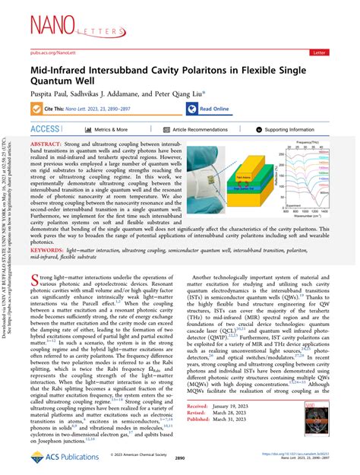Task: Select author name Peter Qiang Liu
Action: (173, 94)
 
